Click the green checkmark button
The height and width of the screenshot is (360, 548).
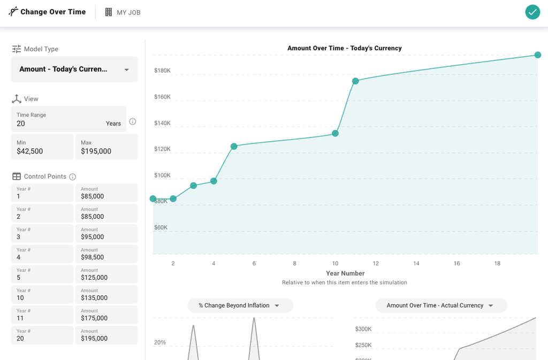(x=532, y=12)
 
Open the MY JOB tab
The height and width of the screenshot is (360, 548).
(x=123, y=12)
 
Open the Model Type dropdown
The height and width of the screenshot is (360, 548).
(x=74, y=69)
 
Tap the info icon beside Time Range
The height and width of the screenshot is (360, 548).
(x=133, y=121)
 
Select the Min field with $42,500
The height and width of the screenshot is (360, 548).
(x=42, y=147)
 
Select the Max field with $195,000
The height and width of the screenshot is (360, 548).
(x=106, y=147)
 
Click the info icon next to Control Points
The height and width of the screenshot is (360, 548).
(x=73, y=177)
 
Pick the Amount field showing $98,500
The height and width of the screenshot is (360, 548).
(x=106, y=254)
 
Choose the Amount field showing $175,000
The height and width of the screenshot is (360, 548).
(x=106, y=315)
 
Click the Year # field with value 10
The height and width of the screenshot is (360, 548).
(x=42, y=295)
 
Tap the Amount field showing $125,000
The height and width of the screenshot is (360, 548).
(x=106, y=274)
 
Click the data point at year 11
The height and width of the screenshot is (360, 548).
(x=355, y=81)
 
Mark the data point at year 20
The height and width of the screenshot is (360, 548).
(x=538, y=55)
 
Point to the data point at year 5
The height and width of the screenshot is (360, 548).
(x=234, y=147)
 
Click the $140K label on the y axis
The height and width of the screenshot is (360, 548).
(x=162, y=123)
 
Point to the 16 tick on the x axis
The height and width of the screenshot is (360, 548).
(x=457, y=264)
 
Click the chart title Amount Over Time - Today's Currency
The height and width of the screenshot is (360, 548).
(x=344, y=48)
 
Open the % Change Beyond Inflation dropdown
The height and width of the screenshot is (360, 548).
(x=240, y=305)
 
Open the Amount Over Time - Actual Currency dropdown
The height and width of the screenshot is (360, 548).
(x=440, y=305)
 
